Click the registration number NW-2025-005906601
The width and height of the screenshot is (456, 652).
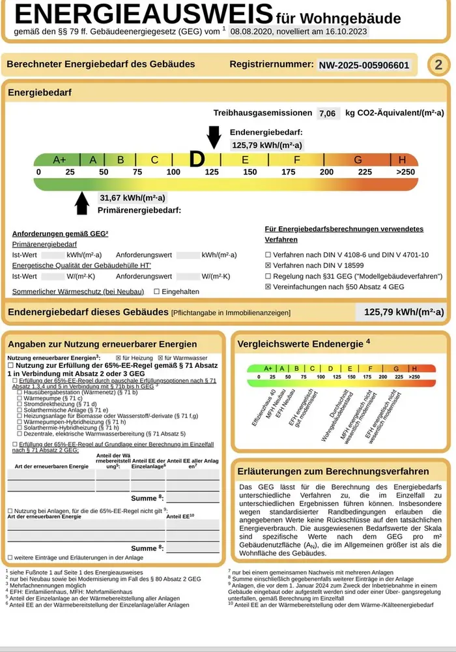coord(363,65)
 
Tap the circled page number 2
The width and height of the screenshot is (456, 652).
coord(438,65)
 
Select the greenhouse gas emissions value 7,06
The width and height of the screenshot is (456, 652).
coord(327,113)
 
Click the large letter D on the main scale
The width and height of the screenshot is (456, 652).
coord(197,159)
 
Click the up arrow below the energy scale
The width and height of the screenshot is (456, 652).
coord(82,202)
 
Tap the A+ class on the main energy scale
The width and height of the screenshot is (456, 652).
coord(59,160)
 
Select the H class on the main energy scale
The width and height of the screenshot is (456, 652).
coord(402,160)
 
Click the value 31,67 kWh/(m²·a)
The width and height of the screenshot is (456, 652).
coord(132,198)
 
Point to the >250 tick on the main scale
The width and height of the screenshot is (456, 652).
coord(405,172)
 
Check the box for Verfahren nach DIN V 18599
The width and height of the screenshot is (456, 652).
coord(268,265)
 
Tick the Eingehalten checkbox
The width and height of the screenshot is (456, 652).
coord(156,291)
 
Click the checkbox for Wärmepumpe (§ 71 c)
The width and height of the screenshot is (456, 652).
coord(19,398)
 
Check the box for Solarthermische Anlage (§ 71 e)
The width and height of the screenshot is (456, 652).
coord(19,410)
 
